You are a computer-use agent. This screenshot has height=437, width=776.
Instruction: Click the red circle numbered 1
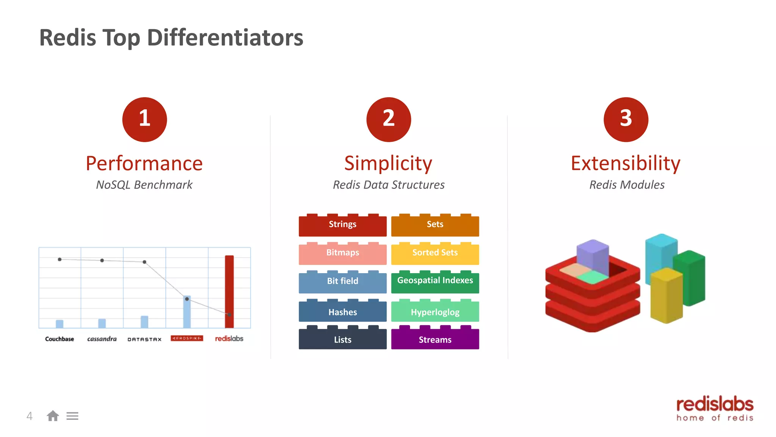(x=144, y=119)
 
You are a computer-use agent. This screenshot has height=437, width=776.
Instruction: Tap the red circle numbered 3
(x=626, y=119)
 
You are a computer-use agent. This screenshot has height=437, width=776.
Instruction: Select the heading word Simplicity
(x=388, y=163)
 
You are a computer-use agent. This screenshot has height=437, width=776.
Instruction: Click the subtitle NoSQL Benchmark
(x=144, y=185)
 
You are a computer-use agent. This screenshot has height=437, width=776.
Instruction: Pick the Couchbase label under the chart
(x=59, y=339)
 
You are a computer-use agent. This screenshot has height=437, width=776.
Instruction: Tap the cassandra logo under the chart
(x=102, y=339)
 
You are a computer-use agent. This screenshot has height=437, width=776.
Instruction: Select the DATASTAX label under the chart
(x=144, y=339)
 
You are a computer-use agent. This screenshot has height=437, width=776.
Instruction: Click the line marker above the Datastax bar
(x=144, y=262)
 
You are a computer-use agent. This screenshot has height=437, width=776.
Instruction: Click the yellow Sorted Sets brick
(x=435, y=253)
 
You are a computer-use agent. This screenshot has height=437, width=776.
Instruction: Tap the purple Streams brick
(x=435, y=339)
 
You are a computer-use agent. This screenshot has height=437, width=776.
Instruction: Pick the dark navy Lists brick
(x=343, y=339)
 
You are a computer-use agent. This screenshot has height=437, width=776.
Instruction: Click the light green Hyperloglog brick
(x=435, y=312)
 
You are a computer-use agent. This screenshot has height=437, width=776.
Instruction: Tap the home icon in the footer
(x=53, y=416)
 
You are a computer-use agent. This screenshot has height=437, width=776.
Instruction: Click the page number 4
(x=30, y=416)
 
